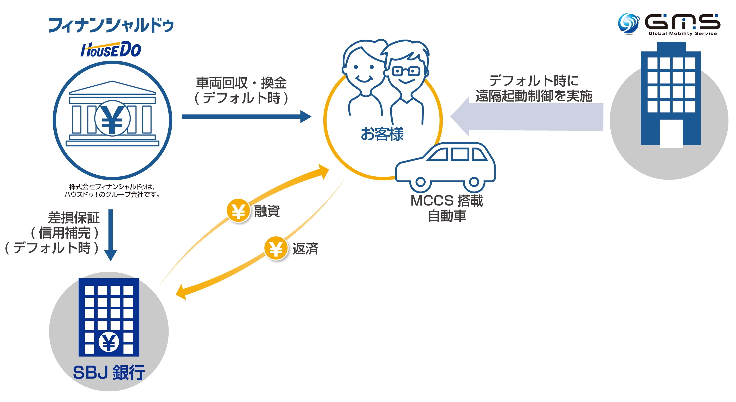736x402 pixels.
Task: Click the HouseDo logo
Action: click(111, 50)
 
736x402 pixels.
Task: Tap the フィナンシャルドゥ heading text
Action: click(111, 25)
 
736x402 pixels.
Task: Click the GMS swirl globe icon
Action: click(628, 23)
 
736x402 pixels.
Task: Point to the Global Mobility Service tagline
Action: click(682, 33)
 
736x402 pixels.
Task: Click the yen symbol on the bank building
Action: click(112, 118)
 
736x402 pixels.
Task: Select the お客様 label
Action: click(382, 134)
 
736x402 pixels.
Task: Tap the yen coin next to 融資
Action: click(238, 210)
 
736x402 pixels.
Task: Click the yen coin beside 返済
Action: click(276, 248)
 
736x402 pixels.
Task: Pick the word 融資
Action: click(267, 211)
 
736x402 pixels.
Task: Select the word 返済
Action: click(305, 248)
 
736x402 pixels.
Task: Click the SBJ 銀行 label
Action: click(109, 372)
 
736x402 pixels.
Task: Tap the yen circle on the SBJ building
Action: click(108, 342)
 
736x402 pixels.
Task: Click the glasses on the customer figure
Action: click(406, 71)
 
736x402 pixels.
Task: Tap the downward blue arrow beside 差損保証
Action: click(111, 234)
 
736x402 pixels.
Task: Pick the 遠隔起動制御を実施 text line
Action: click(534, 96)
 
